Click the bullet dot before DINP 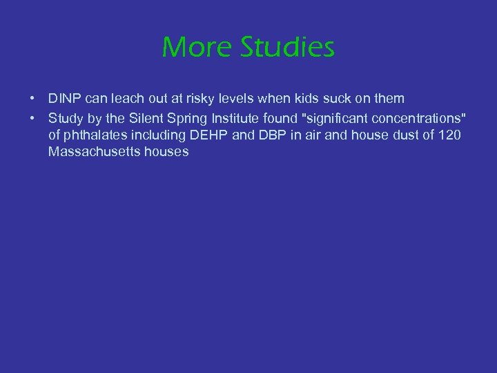[x=33, y=99]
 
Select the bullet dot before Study [x=33, y=117]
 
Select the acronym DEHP [x=209, y=135]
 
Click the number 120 [x=449, y=135]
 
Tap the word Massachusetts [x=95, y=152]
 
